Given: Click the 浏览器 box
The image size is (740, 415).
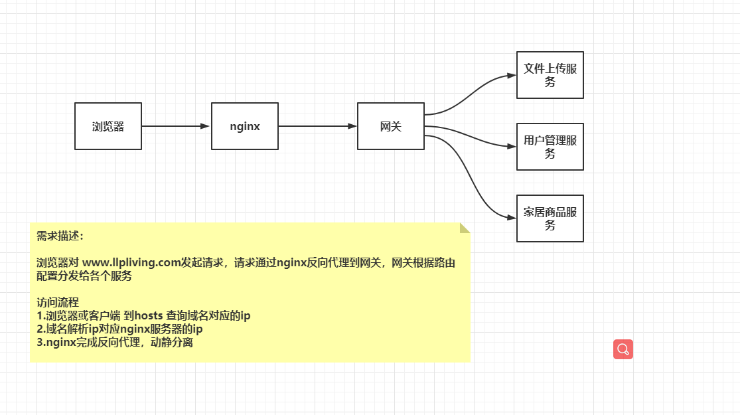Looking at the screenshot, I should (108, 126).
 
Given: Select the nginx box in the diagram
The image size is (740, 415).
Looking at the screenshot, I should (245, 126).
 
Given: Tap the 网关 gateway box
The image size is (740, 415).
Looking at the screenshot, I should (391, 126).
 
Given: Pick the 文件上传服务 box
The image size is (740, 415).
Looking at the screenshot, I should (550, 75).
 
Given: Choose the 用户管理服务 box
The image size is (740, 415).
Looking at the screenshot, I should (550, 147).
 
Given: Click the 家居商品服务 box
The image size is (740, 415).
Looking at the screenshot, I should (550, 218).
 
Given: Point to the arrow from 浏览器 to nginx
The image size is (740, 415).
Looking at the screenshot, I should (176, 126).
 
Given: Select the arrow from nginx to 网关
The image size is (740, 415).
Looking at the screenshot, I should (317, 126).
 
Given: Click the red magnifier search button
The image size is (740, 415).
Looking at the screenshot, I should (623, 349).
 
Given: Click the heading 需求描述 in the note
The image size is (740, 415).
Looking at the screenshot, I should (60, 236).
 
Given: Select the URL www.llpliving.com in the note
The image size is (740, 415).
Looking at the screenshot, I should (131, 262).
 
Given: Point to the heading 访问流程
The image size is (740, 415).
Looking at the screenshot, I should (58, 302).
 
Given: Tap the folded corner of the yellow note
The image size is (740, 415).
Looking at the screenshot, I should (465, 228).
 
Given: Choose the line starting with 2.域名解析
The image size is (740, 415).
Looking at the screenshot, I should (119, 329).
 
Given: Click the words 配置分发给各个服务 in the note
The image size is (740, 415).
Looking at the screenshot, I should (84, 276).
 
